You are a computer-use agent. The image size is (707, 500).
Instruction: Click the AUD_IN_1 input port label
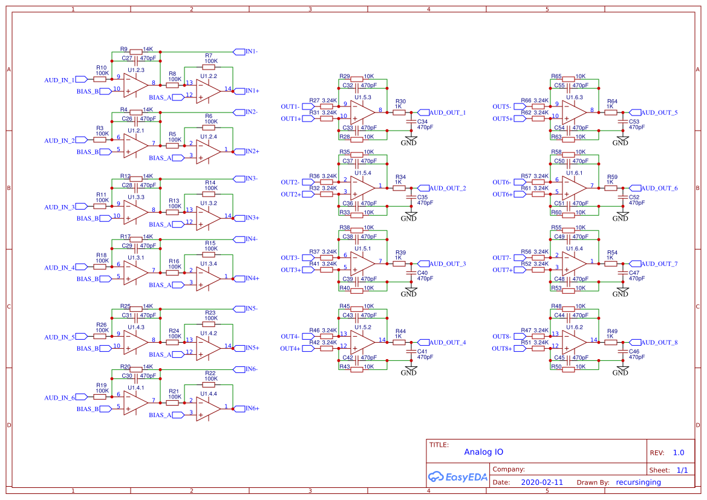pos(59,80)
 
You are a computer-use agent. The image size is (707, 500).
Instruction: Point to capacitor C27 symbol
pos(136,59)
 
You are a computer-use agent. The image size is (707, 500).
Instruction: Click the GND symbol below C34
pos(409,141)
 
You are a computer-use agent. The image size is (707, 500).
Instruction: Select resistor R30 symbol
pos(399,112)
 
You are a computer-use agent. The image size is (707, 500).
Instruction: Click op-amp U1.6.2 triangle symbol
pos(573,341)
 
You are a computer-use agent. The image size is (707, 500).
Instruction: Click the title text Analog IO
pos(483,452)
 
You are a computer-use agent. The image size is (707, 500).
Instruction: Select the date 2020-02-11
pos(541,482)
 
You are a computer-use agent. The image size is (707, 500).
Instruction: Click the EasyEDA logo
pos(457,476)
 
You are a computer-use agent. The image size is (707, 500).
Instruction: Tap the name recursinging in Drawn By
pos(638,482)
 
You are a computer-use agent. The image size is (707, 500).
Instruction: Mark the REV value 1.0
pos(678,452)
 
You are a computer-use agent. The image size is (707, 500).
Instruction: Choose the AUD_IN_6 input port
pos(59,397)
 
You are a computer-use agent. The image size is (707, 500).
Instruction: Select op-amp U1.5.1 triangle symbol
pos(362,262)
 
